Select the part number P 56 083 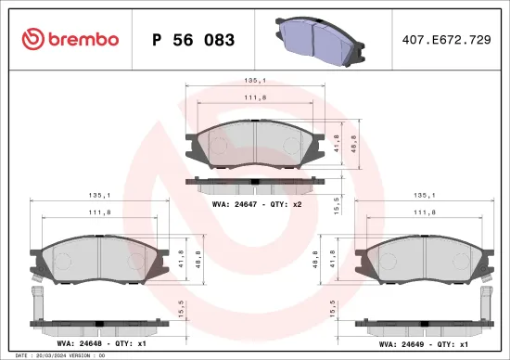point(192,40)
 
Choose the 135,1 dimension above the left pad point(98,196)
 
